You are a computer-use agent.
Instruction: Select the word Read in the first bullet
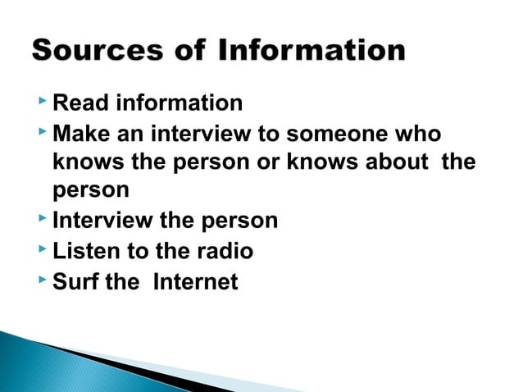[80, 103]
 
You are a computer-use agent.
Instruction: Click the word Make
[83, 133]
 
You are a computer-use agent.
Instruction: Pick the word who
[418, 133]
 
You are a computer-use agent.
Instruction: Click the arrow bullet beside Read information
[42, 102]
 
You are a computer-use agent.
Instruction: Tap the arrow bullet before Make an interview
[42, 131]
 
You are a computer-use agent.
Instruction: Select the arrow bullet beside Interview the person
[42, 220]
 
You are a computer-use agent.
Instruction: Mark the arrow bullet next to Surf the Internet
[42, 280]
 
